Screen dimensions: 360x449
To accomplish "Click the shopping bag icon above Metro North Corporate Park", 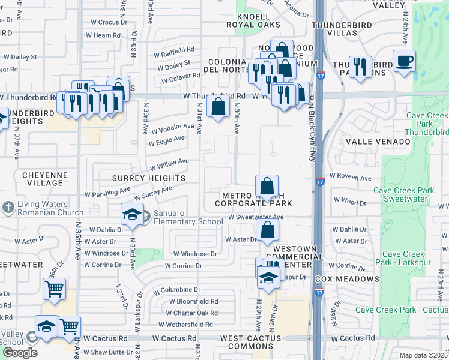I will (267, 186).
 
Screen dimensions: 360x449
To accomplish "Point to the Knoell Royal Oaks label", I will (253, 20).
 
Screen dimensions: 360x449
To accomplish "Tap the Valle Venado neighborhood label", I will (378, 141).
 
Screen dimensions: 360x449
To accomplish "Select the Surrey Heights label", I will (149, 178).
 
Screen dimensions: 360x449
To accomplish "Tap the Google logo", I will (20, 352).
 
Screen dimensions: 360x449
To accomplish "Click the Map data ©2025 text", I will (424, 355).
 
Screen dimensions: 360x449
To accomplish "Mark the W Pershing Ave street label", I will (108, 193).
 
